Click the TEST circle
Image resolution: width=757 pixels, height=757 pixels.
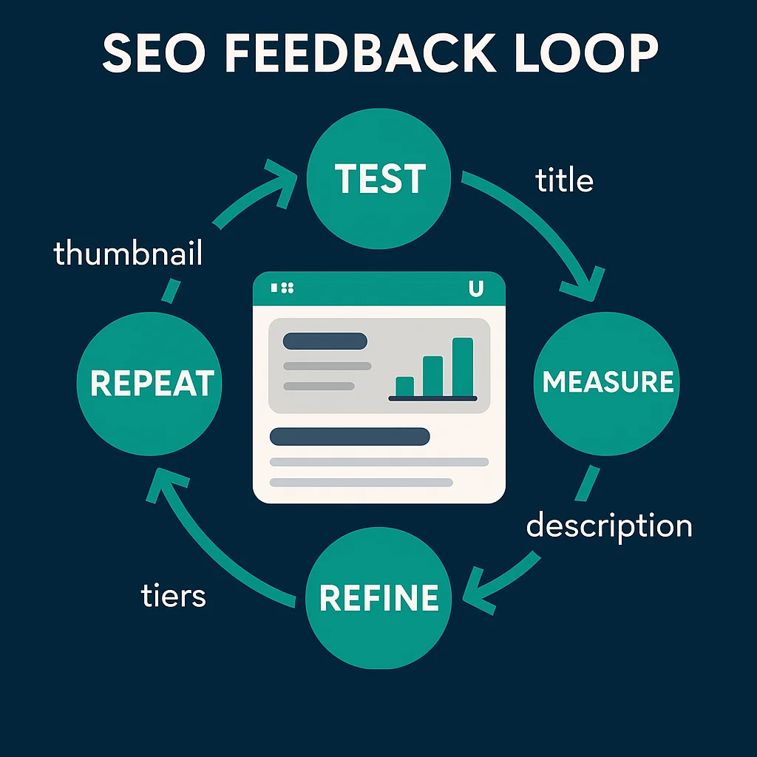pos(378,178)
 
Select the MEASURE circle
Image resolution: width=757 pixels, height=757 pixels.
pos(607,381)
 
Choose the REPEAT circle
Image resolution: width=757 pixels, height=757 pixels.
pos(151,383)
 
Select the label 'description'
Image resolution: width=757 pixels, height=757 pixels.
pos(608,526)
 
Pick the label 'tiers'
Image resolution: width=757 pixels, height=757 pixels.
pos(173,595)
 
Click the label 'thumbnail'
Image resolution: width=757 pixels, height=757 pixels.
pos(128,254)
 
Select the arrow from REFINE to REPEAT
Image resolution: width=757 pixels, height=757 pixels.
pos(214,547)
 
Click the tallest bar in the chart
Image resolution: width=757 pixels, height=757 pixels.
pos(462,367)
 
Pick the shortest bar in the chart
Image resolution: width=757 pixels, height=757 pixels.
pos(404,386)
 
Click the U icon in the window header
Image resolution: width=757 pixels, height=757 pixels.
pos(476,290)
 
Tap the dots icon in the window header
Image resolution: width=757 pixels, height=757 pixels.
pos(283,288)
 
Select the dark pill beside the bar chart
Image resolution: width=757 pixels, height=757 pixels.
pos(325,341)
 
